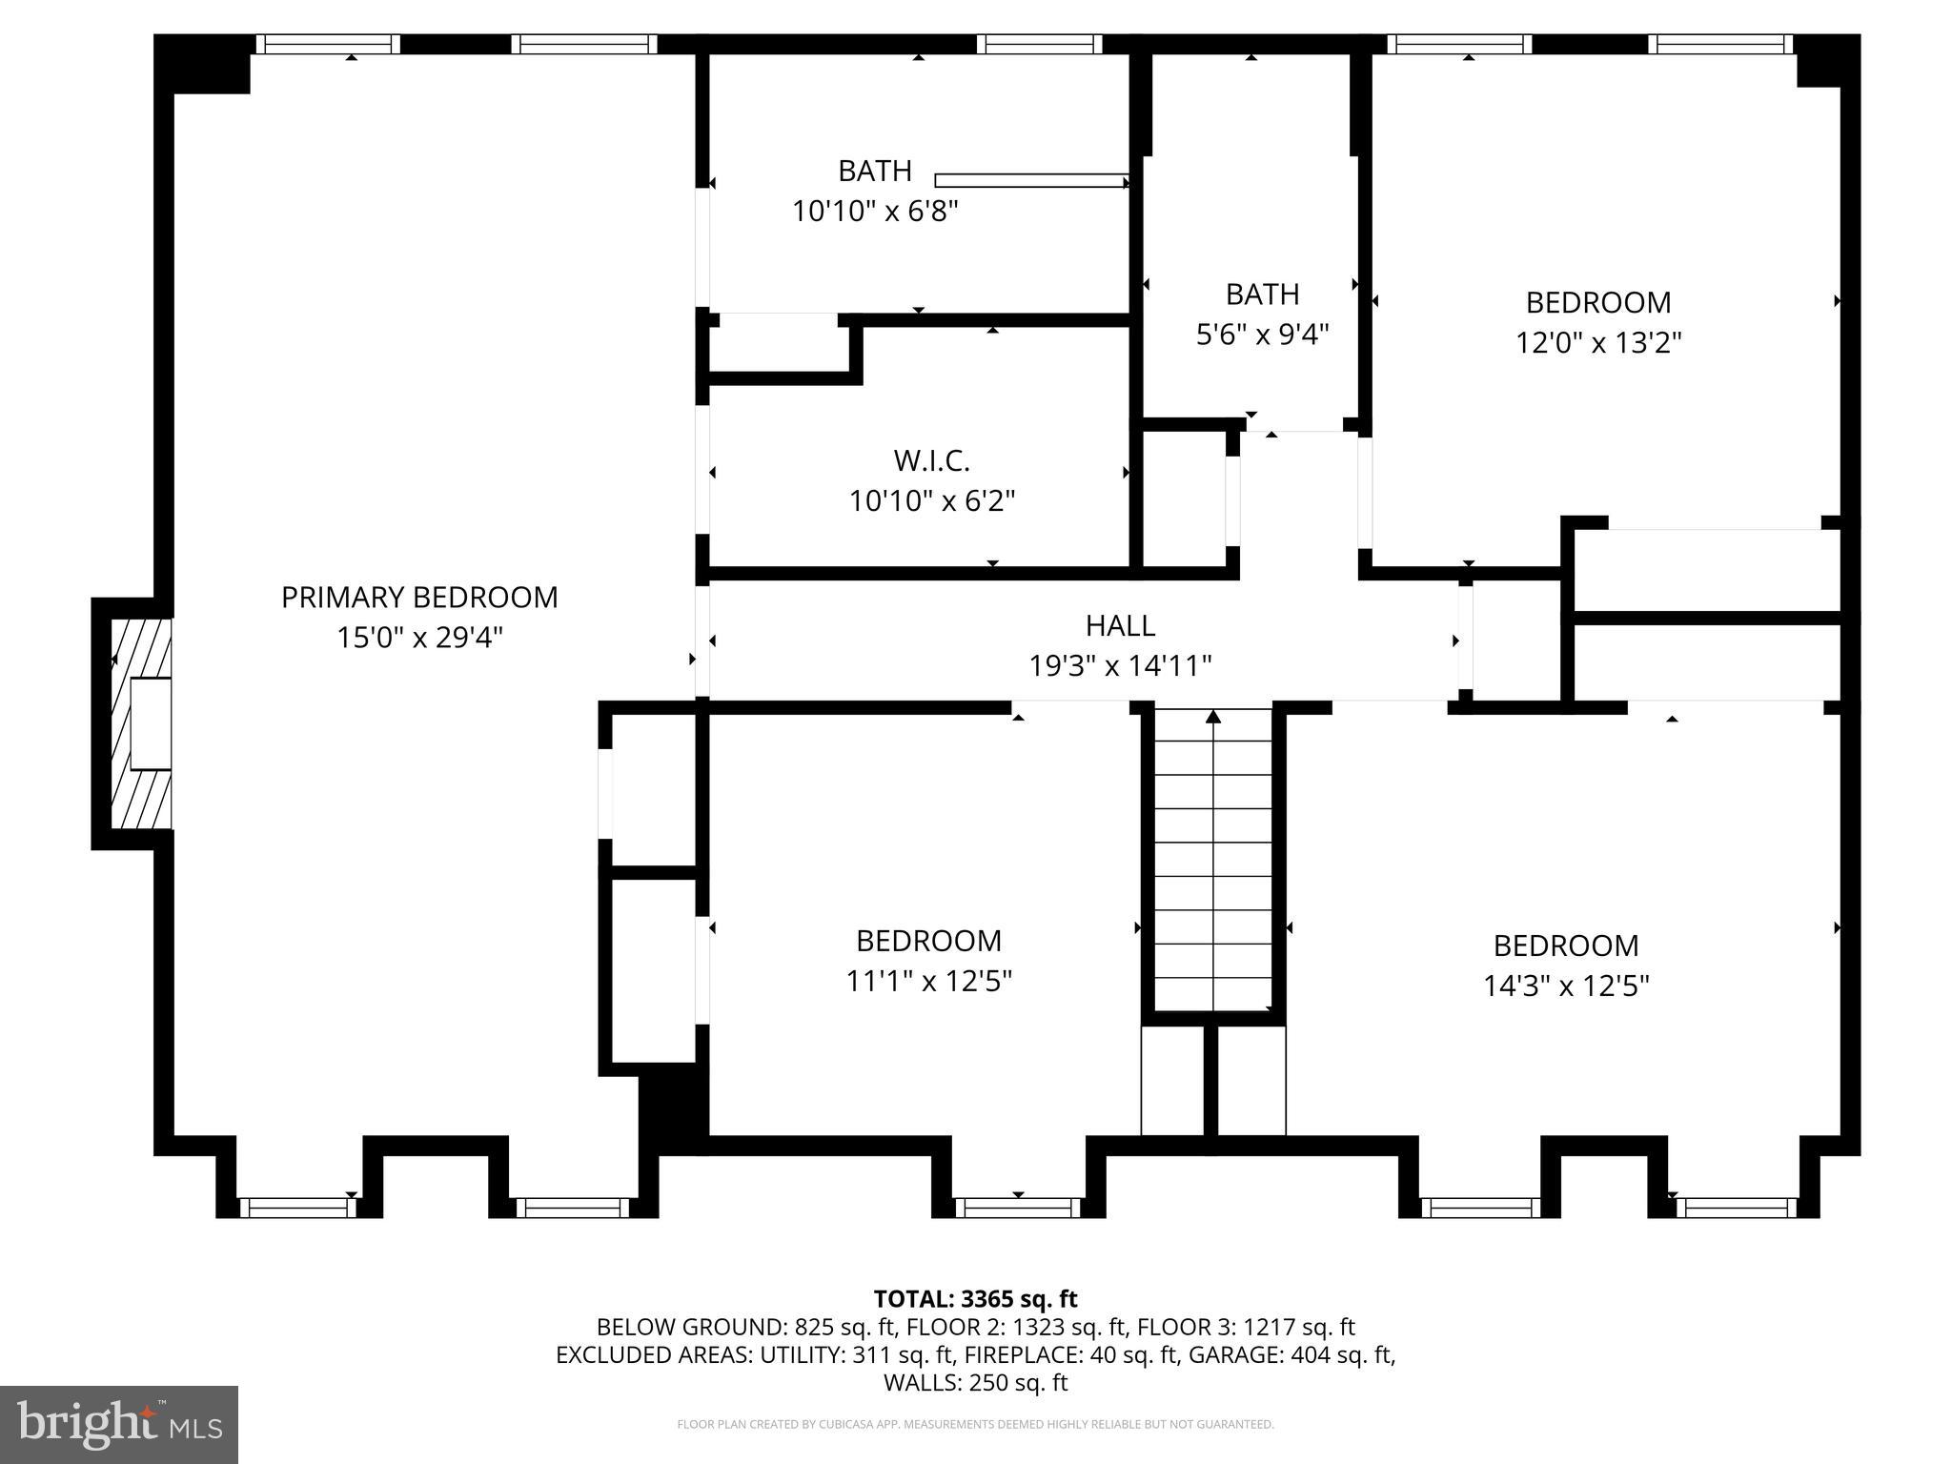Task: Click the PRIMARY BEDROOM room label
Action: coord(419,598)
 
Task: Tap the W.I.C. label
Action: coord(931,461)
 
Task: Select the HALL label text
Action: coord(1120,625)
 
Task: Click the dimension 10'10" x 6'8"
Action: coord(875,211)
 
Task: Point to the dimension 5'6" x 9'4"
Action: coord(1262,334)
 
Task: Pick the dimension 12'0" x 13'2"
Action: coord(1598,342)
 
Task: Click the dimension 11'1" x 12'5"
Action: coord(928,981)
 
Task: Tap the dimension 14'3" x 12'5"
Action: coord(1566,986)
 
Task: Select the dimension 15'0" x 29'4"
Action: coord(419,638)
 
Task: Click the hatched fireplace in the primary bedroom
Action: coord(140,723)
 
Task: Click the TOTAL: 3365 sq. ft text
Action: coord(975,1299)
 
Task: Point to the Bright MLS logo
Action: coord(118,1424)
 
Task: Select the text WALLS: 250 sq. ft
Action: coord(975,1382)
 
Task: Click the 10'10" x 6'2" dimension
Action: coord(931,501)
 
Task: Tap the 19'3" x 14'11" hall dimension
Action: coord(1120,665)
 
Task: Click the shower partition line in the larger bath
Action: coord(1031,180)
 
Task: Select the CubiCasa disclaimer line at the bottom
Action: coord(975,1425)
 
